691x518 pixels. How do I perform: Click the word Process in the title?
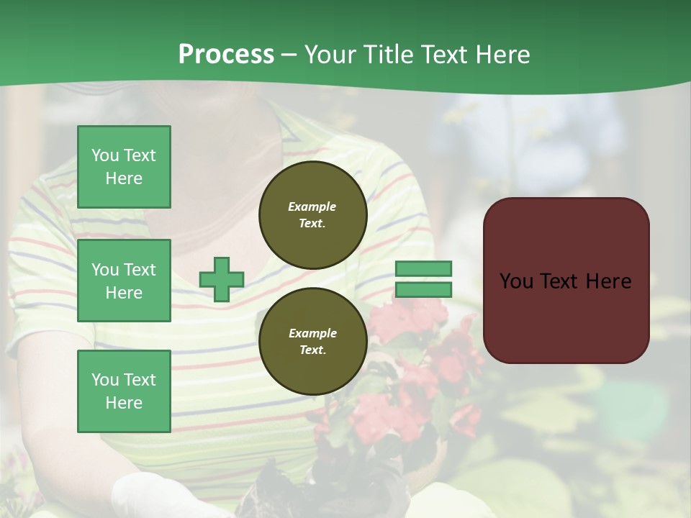[x=226, y=55]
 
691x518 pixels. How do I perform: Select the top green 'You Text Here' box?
[x=124, y=167]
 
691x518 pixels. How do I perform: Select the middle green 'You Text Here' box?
[x=124, y=281]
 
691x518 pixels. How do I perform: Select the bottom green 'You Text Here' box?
[x=124, y=391]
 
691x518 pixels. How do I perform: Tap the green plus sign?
[x=222, y=279]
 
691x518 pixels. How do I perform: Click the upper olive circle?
[x=312, y=215]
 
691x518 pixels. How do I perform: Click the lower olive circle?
[x=312, y=342]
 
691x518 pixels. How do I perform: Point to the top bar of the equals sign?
[x=424, y=268]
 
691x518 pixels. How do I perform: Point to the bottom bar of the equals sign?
[x=424, y=289]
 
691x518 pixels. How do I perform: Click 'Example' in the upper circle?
[x=312, y=206]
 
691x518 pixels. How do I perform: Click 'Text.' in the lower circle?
[x=312, y=350]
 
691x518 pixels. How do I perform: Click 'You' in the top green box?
[x=104, y=155]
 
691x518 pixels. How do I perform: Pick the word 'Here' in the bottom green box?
[x=124, y=403]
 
